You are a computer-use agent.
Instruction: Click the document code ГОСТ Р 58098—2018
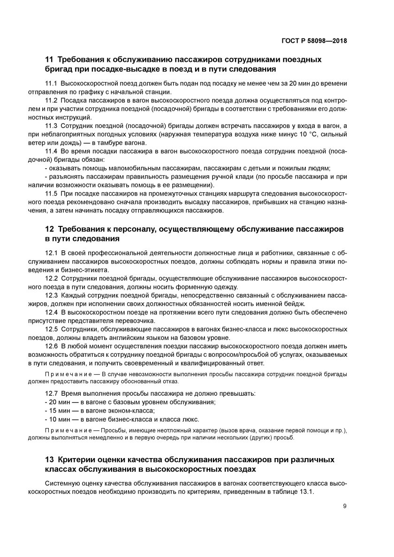(317, 40)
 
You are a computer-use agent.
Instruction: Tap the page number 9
(345, 505)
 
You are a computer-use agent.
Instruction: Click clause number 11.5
(51, 194)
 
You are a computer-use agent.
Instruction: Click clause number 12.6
(51, 346)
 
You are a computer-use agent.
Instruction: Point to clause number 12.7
(51, 393)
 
